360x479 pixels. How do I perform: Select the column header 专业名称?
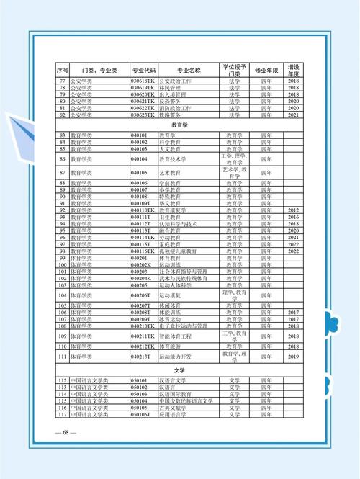coord(189,70)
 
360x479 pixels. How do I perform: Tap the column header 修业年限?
coord(266,70)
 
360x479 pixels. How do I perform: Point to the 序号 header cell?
coord(62,70)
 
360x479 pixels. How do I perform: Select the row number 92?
coord(62,210)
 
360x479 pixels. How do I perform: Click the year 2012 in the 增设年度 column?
coord(293,210)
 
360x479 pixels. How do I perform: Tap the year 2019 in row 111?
coord(293,356)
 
